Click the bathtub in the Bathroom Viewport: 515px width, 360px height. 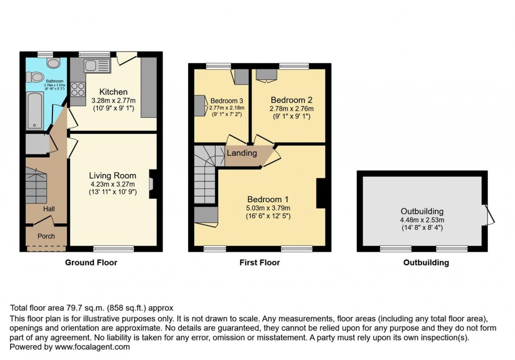tap(35, 110)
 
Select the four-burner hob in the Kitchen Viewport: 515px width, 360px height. tap(78, 90)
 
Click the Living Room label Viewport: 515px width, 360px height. tap(112, 176)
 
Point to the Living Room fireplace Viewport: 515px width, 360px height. tap(152, 184)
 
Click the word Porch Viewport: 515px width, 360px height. tap(46, 236)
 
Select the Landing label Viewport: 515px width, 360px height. tap(242, 153)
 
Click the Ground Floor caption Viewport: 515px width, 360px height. tap(91, 262)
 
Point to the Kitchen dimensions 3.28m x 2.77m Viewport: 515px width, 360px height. tap(114, 101)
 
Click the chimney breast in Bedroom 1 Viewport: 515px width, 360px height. tap(320, 193)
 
